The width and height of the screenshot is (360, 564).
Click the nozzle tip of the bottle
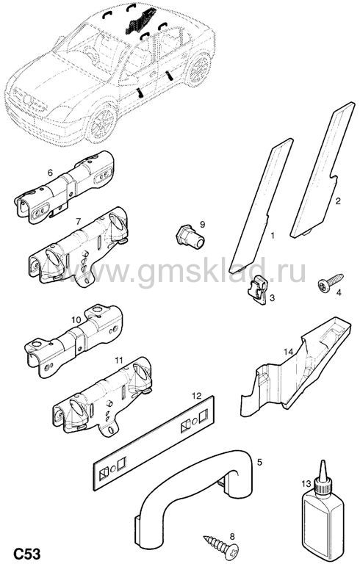[323, 460]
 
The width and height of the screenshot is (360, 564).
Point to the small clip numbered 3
[259, 289]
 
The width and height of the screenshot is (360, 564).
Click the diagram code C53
[27, 553]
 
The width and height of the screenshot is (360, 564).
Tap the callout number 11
[119, 360]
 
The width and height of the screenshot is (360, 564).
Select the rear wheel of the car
[198, 70]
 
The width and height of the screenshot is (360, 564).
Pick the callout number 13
[306, 484]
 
